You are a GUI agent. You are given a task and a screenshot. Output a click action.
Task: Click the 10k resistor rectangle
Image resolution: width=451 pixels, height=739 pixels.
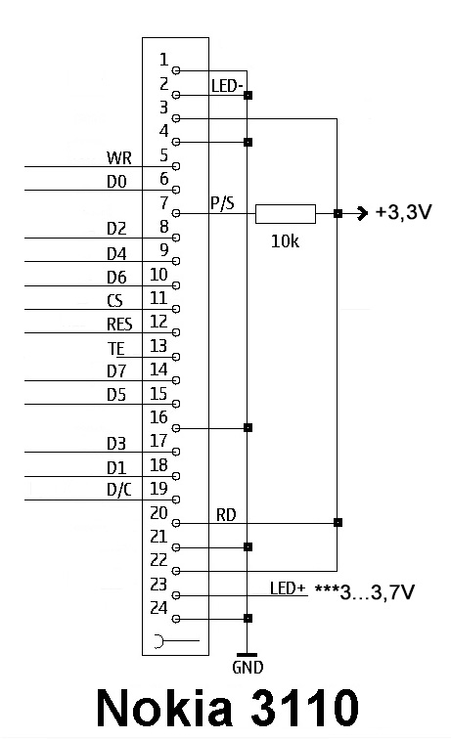pyautogui.click(x=286, y=213)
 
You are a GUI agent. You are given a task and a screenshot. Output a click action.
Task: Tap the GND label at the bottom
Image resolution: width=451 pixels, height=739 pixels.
pyautogui.click(x=248, y=667)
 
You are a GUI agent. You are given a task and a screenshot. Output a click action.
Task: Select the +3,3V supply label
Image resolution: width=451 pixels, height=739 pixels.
pyautogui.click(x=403, y=212)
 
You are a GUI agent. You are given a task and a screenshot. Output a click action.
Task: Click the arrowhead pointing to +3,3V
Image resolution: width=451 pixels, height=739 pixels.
pyautogui.click(x=362, y=213)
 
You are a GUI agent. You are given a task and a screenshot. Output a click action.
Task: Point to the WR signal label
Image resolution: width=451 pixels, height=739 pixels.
pyautogui.click(x=119, y=158)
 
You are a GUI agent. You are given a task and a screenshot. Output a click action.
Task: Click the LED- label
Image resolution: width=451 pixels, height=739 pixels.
pyautogui.click(x=227, y=86)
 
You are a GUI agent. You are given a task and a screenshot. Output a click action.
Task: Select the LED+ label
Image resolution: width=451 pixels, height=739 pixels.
pyautogui.click(x=288, y=588)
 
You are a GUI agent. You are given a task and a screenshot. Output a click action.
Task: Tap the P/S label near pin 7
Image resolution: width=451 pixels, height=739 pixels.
pyautogui.click(x=222, y=203)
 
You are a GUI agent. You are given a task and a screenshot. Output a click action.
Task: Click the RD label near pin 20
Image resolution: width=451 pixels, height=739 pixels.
pyautogui.click(x=226, y=514)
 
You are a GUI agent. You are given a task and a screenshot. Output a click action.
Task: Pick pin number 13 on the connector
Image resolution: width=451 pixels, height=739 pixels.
pyautogui.click(x=158, y=346)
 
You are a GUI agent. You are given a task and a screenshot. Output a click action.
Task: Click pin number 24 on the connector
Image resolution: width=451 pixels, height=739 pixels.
pyautogui.click(x=158, y=608)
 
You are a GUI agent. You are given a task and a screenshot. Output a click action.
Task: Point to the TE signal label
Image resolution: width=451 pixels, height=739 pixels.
pyautogui.click(x=116, y=348)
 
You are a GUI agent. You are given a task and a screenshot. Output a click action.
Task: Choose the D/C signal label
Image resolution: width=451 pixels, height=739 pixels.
pyautogui.click(x=119, y=490)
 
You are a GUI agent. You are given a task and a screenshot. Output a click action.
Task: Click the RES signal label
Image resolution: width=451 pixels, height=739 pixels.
pyautogui.click(x=119, y=325)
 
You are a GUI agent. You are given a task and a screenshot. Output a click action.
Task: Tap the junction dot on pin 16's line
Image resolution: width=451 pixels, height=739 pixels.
pyautogui.click(x=248, y=427)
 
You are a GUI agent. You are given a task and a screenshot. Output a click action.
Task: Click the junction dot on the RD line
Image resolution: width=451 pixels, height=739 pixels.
pyautogui.click(x=338, y=522)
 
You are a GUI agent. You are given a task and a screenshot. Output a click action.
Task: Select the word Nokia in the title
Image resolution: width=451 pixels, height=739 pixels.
pyautogui.click(x=164, y=708)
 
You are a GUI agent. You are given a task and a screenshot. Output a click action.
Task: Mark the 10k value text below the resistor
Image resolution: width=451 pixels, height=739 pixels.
pyautogui.click(x=285, y=240)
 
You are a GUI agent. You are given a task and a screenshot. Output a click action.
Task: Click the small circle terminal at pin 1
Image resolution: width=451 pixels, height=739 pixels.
pyautogui.click(x=176, y=70)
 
